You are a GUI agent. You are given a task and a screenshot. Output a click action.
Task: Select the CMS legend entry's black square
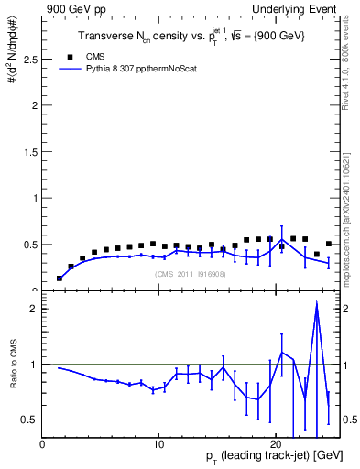pos(64,56)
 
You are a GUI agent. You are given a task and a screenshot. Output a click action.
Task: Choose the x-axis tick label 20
pos(276,444)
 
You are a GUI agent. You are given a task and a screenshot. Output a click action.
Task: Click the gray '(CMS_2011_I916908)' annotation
pos(189,274)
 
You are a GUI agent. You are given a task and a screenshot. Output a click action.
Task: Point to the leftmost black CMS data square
pos(60,278)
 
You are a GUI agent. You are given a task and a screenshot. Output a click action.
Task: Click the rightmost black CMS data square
pos(328,245)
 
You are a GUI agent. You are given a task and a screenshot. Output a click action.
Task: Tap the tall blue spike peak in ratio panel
pos(316,304)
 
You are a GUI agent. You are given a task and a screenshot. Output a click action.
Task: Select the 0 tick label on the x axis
pos(42,444)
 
